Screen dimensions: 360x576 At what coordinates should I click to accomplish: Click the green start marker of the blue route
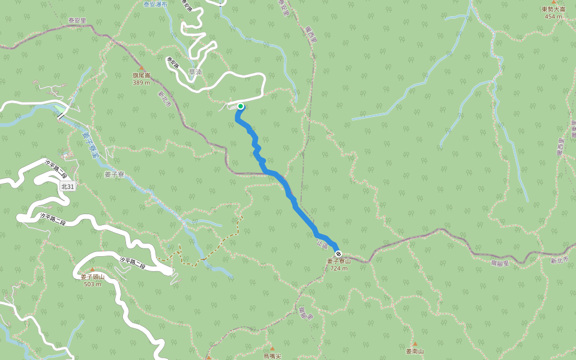(241, 106)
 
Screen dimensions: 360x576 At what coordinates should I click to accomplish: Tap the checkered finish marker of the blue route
(338, 254)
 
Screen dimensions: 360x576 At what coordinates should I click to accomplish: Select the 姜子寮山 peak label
(338, 262)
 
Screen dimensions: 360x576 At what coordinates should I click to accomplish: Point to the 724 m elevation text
(339, 268)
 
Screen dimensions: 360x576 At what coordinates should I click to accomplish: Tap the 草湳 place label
(195, 72)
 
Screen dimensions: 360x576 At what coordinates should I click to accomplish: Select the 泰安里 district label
(77, 20)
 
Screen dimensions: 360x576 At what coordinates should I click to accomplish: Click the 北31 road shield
(68, 187)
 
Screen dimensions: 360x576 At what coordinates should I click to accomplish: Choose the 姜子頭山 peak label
(92, 277)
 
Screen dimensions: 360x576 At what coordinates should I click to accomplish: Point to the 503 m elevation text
(92, 284)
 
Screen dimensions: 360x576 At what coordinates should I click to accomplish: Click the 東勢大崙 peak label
(553, 10)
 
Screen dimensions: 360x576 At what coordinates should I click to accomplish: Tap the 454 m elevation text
(553, 16)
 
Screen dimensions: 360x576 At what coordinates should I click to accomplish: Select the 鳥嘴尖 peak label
(272, 356)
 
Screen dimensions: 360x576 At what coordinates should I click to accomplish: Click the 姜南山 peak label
(415, 352)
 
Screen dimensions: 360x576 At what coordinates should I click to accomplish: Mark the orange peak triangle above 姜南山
(415, 344)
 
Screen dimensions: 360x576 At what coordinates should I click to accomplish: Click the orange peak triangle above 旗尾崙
(142, 68)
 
